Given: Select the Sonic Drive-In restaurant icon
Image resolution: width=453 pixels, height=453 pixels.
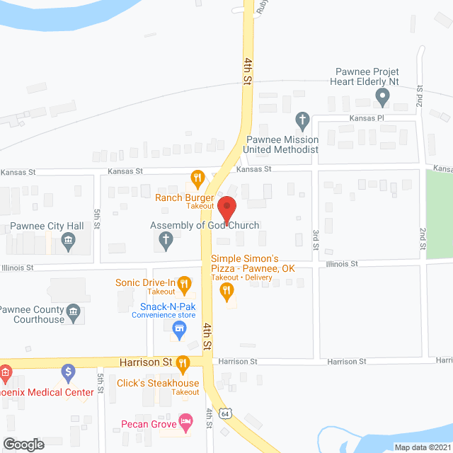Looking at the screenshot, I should pos(184,285).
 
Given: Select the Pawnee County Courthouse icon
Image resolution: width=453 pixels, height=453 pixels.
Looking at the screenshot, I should pos(73,311).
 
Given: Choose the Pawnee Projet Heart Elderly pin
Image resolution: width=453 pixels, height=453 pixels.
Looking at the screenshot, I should pos(383,96).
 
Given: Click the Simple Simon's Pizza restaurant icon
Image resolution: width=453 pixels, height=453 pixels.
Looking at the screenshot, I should pos(227,290).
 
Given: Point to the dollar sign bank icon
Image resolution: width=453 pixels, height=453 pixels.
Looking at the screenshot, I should pos(68,371).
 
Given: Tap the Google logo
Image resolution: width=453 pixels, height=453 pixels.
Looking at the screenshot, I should pos(23,444).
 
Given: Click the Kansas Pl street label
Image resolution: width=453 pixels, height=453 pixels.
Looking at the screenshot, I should pos(364,118).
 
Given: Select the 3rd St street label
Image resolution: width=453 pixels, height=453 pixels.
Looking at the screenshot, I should pos(316,239).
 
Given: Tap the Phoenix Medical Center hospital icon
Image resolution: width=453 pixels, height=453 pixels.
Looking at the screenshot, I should pos(4,372).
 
